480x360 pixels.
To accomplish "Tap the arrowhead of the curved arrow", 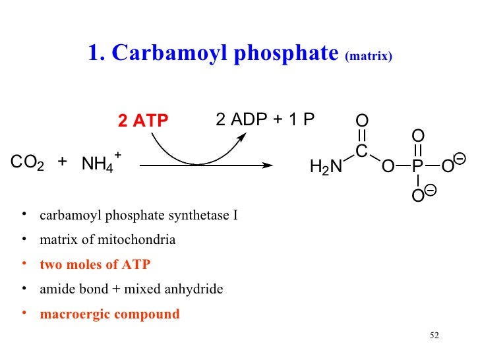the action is pos(243,136).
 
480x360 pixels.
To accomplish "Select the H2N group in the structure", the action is pos(326,167).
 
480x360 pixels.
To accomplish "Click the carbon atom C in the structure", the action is pos(361,152).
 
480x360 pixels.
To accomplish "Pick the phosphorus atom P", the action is pos(417,167).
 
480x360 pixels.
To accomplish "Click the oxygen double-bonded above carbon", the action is pos(361,121).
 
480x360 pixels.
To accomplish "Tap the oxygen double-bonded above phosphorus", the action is pos(417,136).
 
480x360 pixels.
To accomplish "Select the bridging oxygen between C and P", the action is pos(388,167).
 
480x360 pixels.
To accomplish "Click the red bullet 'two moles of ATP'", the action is pos(95,264).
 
